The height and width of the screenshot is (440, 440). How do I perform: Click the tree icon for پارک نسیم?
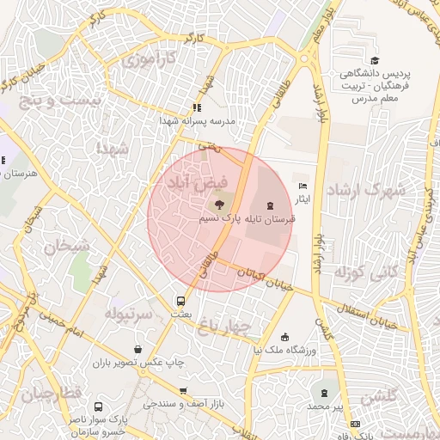tap(218, 205)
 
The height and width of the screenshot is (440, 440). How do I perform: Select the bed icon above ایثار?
tap(302, 186)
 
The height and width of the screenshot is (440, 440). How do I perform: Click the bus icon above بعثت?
tap(180, 302)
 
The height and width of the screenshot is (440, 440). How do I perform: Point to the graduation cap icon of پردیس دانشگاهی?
tap(375, 60)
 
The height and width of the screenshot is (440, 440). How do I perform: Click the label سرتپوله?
tap(128, 315)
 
